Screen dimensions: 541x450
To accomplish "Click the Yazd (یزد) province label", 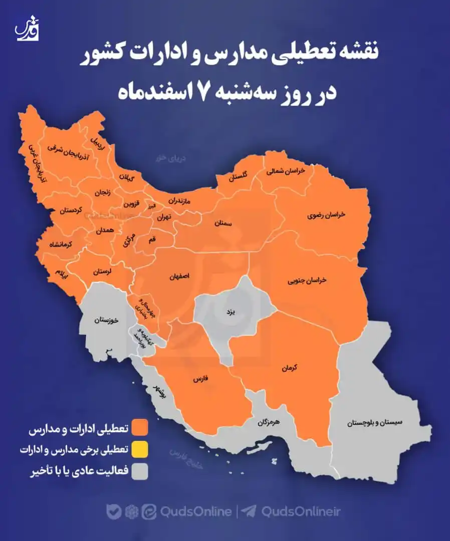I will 230,312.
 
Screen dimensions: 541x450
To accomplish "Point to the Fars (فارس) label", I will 199,380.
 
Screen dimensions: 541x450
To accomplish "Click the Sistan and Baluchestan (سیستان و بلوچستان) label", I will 382,423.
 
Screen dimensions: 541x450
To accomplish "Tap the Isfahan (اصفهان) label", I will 180,276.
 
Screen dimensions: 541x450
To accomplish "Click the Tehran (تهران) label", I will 163,217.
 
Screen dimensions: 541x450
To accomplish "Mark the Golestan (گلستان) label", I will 239,177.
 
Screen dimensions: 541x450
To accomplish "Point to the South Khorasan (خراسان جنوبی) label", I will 307,281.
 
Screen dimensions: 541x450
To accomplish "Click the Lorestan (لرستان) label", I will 102,272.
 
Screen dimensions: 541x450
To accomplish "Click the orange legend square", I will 140,429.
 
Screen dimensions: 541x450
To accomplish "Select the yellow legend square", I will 140,450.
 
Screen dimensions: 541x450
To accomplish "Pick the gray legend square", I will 140,471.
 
